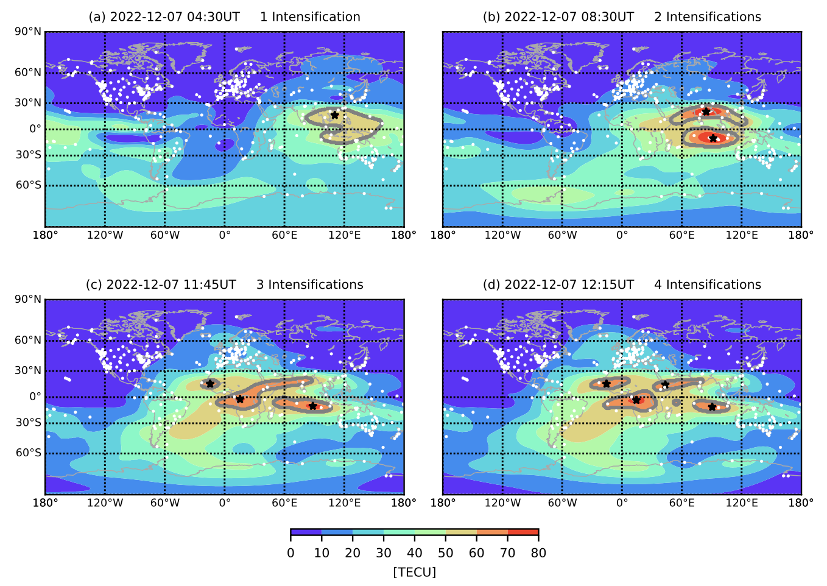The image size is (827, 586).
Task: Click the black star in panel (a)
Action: coord(334,115)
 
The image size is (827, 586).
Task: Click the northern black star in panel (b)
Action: coord(706,111)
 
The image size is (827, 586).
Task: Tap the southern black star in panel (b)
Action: coord(713,138)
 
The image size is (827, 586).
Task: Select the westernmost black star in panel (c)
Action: coord(210,383)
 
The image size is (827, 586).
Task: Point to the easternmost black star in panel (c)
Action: coord(312,406)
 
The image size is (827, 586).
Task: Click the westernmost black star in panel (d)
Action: coord(607,383)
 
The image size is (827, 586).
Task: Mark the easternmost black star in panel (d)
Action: coord(712,406)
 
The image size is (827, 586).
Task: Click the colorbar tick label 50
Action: coord(445,553)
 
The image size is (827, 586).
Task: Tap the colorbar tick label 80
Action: coord(538,553)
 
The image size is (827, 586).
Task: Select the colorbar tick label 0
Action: coord(290,553)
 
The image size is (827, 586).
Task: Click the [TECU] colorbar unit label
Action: coord(414,573)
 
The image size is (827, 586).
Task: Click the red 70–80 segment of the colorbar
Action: coord(523,532)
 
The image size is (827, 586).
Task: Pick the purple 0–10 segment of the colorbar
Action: coord(306,532)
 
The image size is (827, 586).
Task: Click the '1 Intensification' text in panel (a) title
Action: coord(310,17)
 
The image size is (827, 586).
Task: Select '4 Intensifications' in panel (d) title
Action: coord(707,285)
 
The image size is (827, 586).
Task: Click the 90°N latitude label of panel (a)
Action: coord(29,32)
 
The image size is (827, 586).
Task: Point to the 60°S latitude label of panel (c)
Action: coord(29,453)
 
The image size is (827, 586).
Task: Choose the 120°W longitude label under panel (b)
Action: coord(502,235)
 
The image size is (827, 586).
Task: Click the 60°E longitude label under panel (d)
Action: coord(681,503)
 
